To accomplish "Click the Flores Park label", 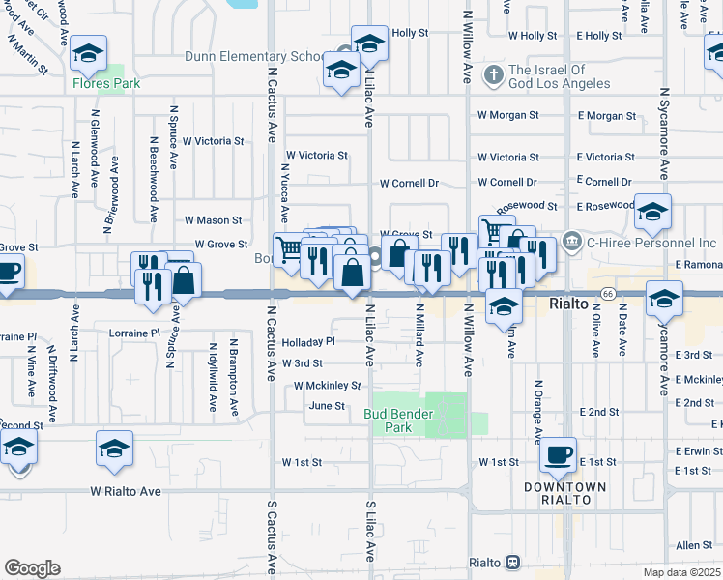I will pyautogui.click(x=107, y=84).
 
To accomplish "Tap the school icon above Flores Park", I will pyautogui.click(x=89, y=55).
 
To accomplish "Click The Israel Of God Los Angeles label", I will pyautogui.click(x=560, y=76).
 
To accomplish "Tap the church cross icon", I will pyautogui.click(x=494, y=74).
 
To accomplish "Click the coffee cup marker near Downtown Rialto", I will pyautogui.click(x=558, y=453).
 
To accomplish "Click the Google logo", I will pyautogui.click(x=32, y=568).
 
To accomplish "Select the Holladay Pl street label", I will pyautogui.click(x=308, y=341).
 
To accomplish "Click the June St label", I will pyautogui.click(x=327, y=406).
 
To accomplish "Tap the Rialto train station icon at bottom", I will pyautogui.click(x=512, y=563).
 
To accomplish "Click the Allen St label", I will pyautogui.click(x=693, y=545).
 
